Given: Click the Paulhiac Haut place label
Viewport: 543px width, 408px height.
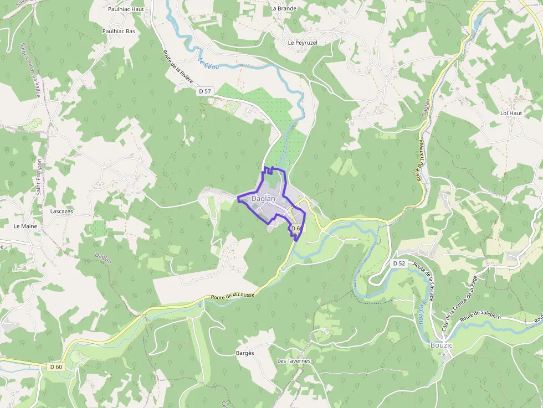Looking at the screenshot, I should click(x=126, y=9).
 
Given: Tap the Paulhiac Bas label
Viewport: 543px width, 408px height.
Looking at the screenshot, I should click(x=119, y=32).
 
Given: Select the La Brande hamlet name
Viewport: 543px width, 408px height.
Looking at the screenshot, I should click(x=283, y=8).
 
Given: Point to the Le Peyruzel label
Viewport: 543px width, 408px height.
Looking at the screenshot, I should click(x=303, y=43).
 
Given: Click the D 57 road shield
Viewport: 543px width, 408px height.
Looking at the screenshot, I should click(x=205, y=91).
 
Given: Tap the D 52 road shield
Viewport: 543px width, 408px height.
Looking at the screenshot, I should click(x=399, y=264).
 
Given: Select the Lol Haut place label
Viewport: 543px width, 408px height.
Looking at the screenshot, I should click(x=511, y=113).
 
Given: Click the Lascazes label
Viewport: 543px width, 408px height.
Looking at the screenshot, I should click(x=62, y=211).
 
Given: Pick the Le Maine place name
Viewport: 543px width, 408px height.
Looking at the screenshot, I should click(x=25, y=226).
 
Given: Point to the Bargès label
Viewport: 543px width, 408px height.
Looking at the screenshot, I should click(x=244, y=353).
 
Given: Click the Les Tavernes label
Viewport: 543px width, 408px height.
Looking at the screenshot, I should click(x=294, y=361).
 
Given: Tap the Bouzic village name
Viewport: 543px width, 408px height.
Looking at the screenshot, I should click(x=442, y=345).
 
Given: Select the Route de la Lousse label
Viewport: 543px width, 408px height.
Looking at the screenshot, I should click(x=233, y=296).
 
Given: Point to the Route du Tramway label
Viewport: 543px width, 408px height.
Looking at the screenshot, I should click(x=420, y=161).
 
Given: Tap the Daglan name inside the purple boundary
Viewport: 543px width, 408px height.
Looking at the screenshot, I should click(x=263, y=199).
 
